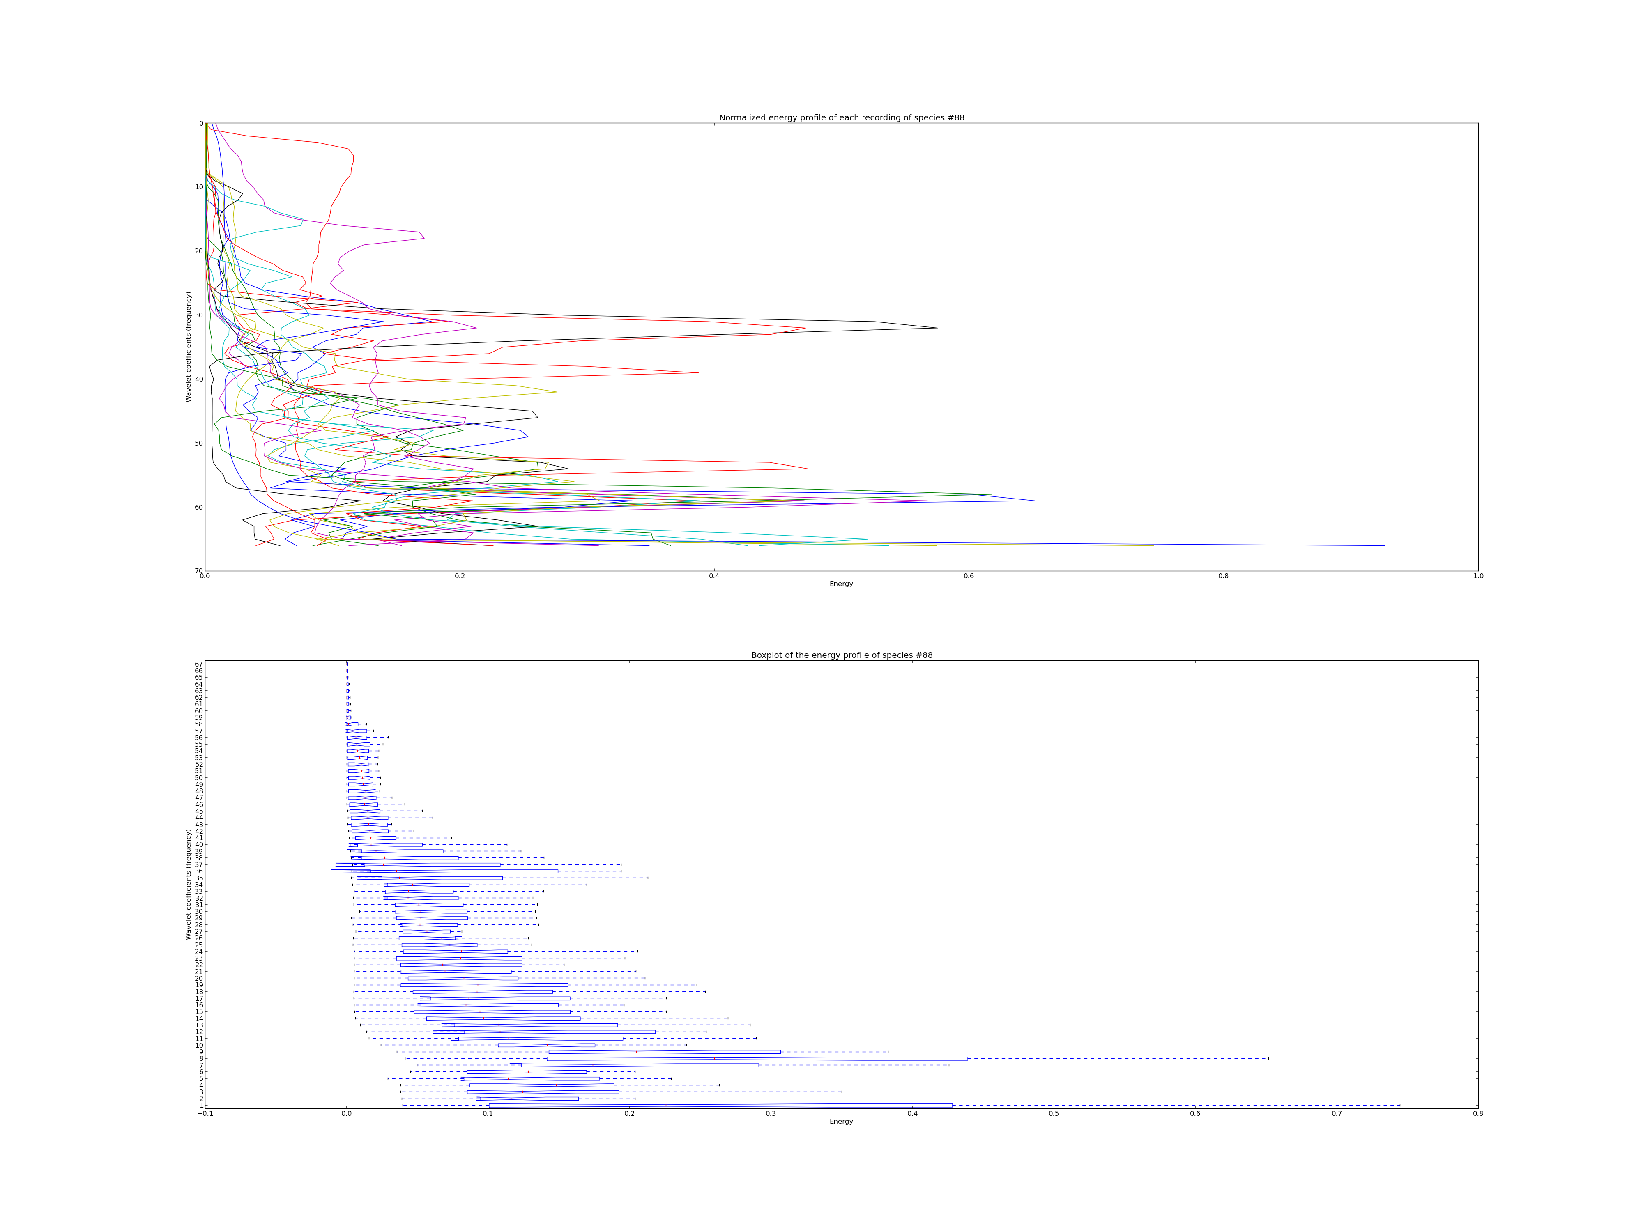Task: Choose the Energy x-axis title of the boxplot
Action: [842, 1122]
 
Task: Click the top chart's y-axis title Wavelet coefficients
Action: [189, 347]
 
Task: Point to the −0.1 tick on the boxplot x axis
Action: [205, 1114]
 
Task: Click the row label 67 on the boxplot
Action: [199, 664]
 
